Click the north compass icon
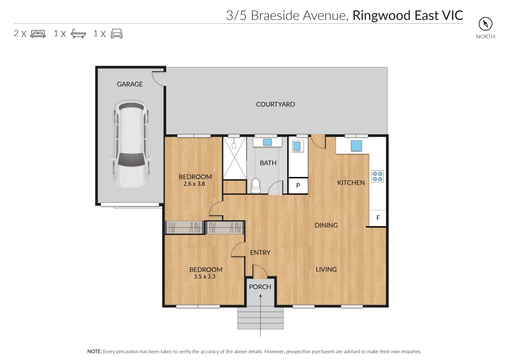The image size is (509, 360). pyautogui.click(x=485, y=24)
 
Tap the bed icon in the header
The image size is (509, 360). pyautogui.click(x=38, y=34)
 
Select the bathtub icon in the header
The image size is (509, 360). pyautogui.click(x=78, y=34)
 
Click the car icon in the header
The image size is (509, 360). pyautogui.click(x=117, y=34)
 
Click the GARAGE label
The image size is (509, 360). pyautogui.click(x=130, y=84)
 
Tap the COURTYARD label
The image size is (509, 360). pyautogui.click(x=275, y=104)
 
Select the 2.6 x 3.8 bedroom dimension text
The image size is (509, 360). pyautogui.click(x=194, y=184)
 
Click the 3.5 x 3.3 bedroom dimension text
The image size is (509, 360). pyautogui.click(x=205, y=276)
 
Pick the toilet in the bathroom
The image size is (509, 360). pyautogui.click(x=256, y=185)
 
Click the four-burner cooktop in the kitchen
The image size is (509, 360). pyautogui.click(x=378, y=176)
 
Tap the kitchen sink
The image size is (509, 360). pyautogui.click(x=356, y=146)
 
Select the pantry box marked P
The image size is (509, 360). pyautogui.click(x=298, y=186)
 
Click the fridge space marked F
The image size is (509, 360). pyautogui.click(x=378, y=218)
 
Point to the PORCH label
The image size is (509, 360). pyautogui.click(x=260, y=287)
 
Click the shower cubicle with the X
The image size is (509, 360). pyautogui.click(x=234, y=158)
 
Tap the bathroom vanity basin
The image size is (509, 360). pyautogui.click(x=267, y=142)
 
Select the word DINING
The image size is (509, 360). pyautogui.click(x=326, y=225)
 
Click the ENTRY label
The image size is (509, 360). pyautogui.click(x=260, y=253)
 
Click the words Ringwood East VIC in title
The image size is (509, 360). pyautogui.click(x=408, y=15)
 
